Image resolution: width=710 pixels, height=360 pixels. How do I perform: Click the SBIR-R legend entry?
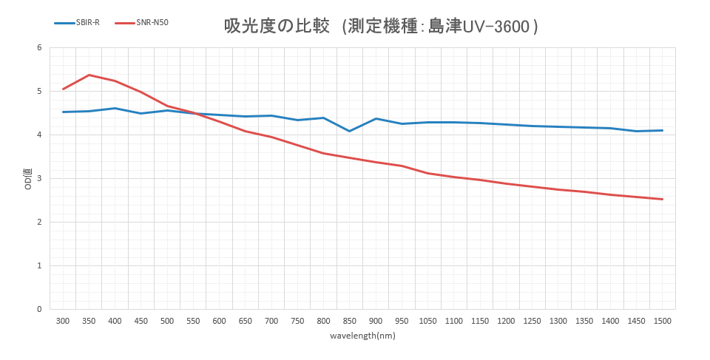coord(77,23)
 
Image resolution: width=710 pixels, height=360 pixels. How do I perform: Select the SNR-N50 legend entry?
coord(142,23)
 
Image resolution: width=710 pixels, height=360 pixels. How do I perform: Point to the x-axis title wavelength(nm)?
coord(362,336)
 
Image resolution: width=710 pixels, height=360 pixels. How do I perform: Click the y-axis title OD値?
coord(28,179)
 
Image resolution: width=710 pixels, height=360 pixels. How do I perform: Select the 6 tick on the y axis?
coord(39,48)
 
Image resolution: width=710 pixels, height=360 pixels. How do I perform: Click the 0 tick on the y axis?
coord(39,309)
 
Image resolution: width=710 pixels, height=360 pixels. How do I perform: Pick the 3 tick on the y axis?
coord(39,179)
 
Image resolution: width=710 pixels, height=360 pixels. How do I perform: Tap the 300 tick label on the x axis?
coord(63,321)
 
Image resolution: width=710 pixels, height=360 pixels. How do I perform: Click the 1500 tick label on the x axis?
coord(663,321)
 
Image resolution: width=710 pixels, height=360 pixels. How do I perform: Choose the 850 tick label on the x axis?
coord(350,321)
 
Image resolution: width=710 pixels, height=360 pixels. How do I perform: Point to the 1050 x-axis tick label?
coord(427,321)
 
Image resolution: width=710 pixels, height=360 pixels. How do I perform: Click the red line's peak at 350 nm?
coord(89,75)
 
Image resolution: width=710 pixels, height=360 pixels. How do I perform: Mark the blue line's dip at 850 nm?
coord(350,131)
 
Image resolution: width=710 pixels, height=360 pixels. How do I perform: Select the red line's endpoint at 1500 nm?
coord(663,199)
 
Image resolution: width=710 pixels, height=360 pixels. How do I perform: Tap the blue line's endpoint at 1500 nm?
coord(663,130)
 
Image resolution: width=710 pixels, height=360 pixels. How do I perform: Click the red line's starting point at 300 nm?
coord(63,89)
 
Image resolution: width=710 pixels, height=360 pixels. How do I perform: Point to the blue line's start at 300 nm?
coord(63,112)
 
